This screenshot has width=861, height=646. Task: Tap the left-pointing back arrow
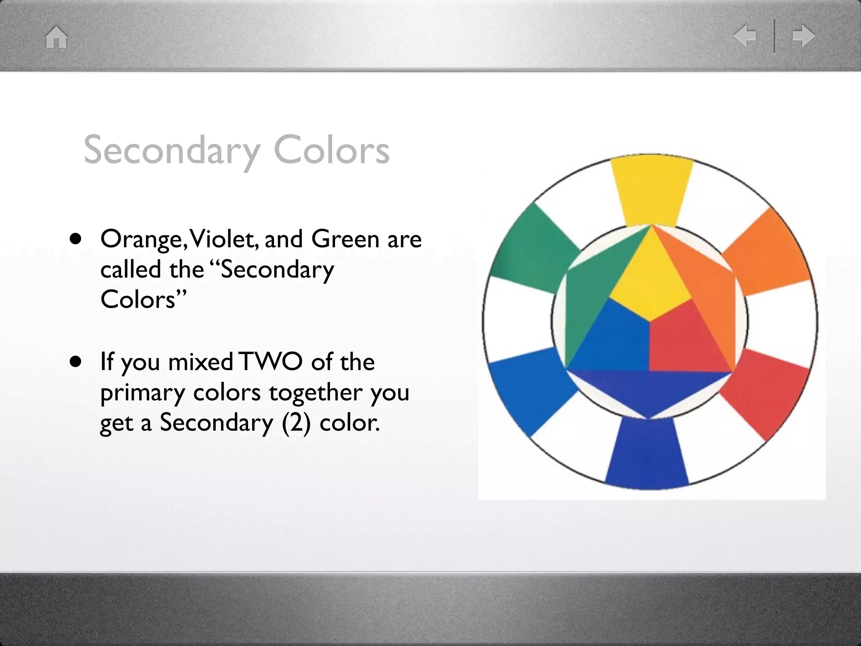coord(745,36)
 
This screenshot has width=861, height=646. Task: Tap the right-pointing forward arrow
coord(803,36)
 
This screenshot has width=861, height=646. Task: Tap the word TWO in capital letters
coord(272,362)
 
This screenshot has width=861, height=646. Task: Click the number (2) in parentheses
coord(296,422)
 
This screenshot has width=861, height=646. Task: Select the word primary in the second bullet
coord(143,393)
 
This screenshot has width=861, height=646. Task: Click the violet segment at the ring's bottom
coord(647,458)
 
